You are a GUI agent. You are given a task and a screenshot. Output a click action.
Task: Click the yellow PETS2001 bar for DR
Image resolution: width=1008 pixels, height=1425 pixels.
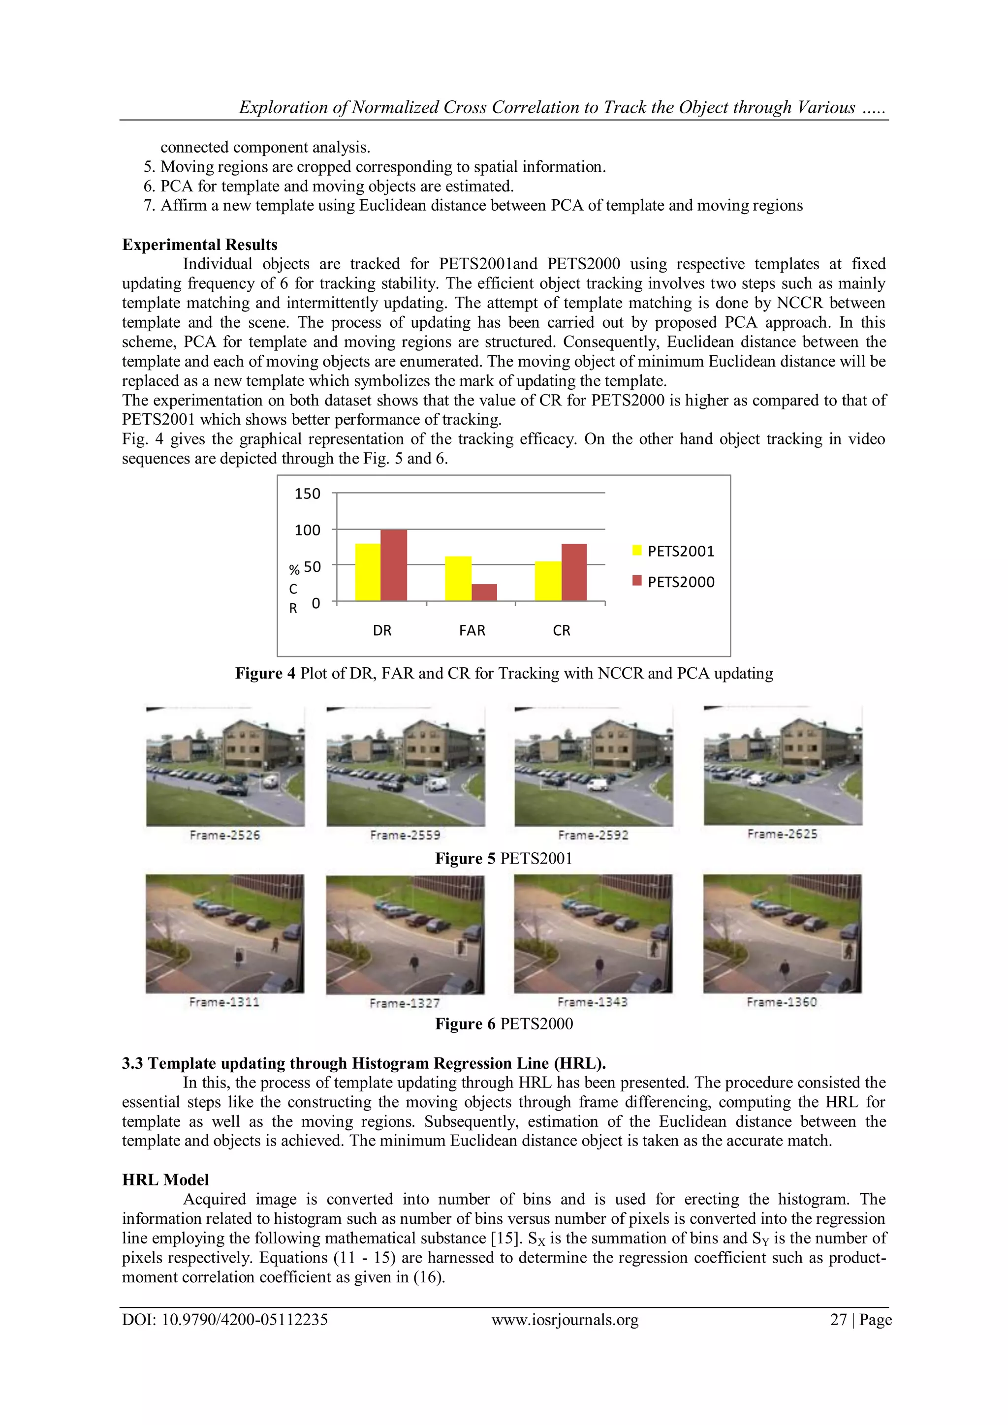[x=368, y=572]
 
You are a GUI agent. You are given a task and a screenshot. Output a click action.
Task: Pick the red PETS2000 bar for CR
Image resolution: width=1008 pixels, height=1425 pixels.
[x=574, y=572]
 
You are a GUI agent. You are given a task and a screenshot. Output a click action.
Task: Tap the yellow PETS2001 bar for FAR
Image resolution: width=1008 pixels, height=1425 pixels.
[x=458, y=579]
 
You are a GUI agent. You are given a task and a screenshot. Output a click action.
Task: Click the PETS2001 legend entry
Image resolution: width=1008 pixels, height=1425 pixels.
[x=673, y=551]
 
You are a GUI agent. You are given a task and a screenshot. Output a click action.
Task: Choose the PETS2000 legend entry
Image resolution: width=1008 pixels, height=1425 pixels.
[x=673, y=582]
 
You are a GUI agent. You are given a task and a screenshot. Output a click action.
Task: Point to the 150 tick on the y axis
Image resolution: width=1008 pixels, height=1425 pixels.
[x=307, y=494]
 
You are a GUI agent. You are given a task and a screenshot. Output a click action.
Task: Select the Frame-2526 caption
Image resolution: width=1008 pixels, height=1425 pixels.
[x=225, y=836]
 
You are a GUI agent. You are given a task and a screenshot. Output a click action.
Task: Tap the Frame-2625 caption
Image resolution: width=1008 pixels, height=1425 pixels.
[x=782, y=834]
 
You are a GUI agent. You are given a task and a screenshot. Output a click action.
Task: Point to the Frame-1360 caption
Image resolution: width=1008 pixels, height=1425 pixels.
[x=782, y=1002]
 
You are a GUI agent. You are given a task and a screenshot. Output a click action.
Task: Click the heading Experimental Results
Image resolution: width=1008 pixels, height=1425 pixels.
[x=199, y=245]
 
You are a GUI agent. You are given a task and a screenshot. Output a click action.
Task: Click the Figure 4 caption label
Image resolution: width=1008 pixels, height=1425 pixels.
[x=265, y=674]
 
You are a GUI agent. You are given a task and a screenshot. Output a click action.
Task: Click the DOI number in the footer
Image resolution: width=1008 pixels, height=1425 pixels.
[x=225, y=1319]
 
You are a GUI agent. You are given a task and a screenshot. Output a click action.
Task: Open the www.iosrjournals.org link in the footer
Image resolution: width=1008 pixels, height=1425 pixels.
[x=565, y=1319]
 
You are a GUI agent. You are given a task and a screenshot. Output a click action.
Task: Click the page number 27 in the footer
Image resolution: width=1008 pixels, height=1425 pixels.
[x=839, y=1319]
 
